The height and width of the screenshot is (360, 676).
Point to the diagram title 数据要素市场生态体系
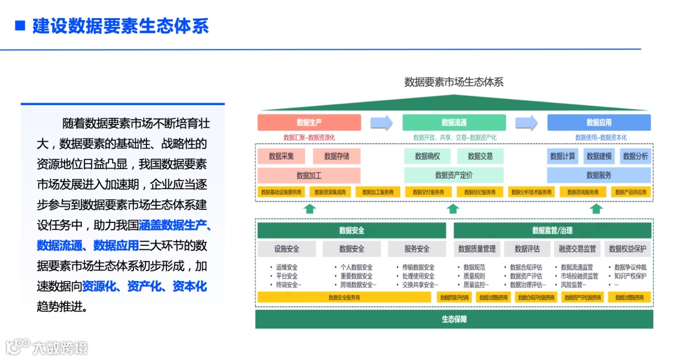454,82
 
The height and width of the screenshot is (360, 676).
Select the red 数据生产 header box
309,123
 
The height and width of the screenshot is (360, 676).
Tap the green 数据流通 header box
454,123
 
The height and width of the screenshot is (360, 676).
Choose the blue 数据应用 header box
599,123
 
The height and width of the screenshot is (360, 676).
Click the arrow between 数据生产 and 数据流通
381,123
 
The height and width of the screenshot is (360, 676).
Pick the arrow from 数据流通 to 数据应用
526,123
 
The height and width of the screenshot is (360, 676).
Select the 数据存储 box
337,156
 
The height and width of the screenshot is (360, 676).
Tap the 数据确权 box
428,156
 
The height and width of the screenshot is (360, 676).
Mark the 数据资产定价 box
454,175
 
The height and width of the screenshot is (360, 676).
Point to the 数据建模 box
599,156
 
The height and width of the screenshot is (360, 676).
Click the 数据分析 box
636,156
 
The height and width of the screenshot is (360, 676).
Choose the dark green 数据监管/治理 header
553,230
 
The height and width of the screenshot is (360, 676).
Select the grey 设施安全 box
287,249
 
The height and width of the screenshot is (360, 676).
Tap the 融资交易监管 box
576,249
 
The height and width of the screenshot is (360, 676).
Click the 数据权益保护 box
627,249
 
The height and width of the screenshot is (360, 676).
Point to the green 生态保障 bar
454,319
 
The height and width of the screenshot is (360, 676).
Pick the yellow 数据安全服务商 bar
344,297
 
